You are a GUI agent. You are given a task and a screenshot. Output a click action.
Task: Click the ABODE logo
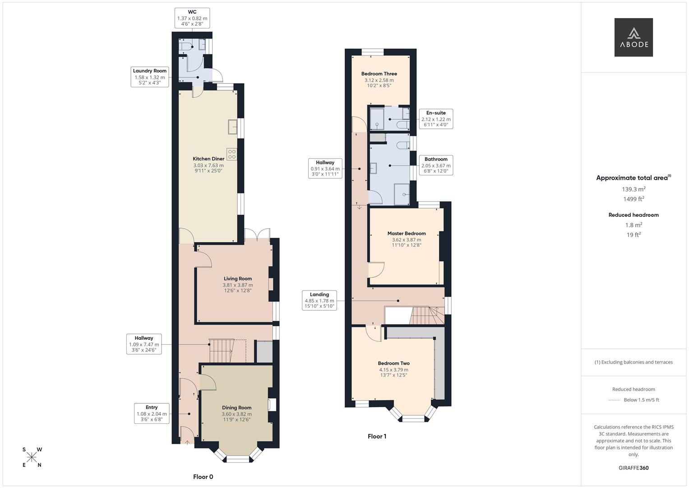(634, 37)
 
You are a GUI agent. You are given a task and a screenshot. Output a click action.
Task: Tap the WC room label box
(192, 18)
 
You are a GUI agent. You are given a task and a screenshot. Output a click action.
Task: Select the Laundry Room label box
(150, 77)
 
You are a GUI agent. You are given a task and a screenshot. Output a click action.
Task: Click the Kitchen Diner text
(208, 159)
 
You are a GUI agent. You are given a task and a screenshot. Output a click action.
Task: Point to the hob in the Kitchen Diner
(232, 155)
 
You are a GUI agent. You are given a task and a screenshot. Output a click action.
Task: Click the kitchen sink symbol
(233, 127)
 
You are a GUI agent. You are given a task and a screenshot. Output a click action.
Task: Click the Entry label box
(152, 413)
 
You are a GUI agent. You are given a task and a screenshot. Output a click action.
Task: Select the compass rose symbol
(32, 457)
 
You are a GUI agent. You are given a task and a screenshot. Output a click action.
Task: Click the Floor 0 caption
(203, 477)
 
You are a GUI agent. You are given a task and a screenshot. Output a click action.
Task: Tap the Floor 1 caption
(377, 436)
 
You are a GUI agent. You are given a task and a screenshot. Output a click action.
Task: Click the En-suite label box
(436, 118)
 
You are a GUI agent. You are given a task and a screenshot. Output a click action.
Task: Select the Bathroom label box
(436, 165)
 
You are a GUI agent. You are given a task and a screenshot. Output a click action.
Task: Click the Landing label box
(319, 300)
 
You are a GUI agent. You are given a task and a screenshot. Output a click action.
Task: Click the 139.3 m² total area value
(634, 189)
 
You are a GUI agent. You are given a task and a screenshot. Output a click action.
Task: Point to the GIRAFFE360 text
(634, 468)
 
